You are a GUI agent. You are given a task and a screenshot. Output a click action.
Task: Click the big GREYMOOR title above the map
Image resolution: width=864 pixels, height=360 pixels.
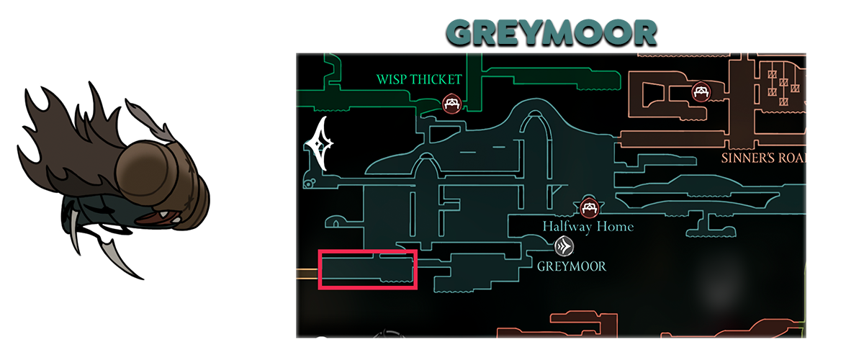551,32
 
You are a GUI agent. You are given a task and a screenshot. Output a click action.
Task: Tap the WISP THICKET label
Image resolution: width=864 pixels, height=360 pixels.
419,79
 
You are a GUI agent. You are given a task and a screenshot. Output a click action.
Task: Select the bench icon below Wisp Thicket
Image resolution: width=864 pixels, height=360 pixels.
451,104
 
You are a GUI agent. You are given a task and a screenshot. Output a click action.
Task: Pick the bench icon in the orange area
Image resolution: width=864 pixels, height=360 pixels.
700,91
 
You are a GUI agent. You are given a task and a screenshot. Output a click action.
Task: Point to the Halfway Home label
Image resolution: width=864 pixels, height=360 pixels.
588,227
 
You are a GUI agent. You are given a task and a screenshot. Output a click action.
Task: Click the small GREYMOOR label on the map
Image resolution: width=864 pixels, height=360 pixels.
572,266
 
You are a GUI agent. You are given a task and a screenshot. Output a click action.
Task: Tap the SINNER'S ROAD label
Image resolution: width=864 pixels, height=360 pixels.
763,158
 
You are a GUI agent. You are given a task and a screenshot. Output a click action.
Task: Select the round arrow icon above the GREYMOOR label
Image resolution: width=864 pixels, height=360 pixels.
564,247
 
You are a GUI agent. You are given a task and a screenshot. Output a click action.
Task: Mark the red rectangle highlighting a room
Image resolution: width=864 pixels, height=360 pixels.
368,269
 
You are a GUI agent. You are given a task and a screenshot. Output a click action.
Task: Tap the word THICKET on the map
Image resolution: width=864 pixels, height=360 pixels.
436,79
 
